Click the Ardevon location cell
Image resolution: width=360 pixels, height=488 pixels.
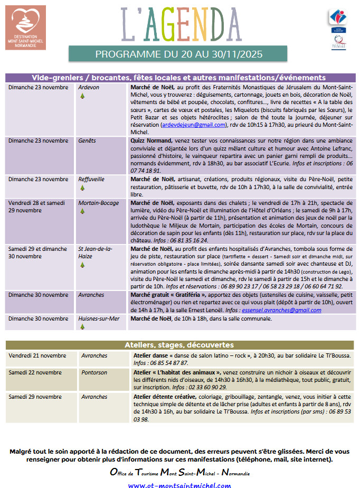89,87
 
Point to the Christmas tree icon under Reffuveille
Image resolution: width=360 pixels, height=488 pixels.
82,187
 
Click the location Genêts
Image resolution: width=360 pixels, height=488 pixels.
87,141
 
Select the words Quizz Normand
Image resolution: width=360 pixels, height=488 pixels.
151,141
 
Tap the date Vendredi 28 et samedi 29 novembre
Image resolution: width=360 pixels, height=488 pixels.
38,206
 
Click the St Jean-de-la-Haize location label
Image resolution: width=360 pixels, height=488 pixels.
94,251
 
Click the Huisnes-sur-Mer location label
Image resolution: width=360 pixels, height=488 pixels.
99,318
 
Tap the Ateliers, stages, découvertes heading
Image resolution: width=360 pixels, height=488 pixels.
179,345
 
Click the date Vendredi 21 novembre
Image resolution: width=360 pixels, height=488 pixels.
34,355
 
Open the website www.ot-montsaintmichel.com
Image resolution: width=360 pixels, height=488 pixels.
179,484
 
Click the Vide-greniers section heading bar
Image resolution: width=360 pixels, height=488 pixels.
178,77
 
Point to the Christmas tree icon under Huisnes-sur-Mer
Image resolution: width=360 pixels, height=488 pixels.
82,327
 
